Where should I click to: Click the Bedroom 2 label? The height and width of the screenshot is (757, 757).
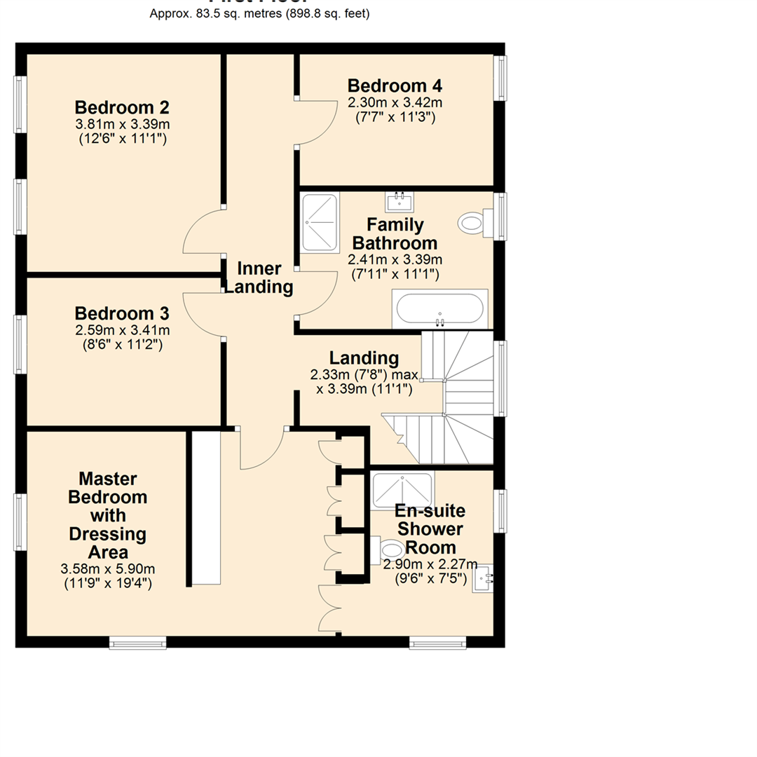coord(122,108)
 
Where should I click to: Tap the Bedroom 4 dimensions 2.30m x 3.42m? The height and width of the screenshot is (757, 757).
coord(395,102)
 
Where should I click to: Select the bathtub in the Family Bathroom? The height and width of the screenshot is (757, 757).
coord(439,308)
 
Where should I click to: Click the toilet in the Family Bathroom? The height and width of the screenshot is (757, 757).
coord(473,224)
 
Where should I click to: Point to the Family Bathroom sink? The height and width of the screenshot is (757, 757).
coord(400,201)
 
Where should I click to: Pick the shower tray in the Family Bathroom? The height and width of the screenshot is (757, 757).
coord(320,223)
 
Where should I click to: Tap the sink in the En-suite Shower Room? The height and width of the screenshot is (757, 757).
coord(483,579)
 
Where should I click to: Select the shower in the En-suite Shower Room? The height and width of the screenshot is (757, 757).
coord(402,489)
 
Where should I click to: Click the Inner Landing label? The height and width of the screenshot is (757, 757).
coord(259,278)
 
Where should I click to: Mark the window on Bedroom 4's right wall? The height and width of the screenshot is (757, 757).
coord(500,79)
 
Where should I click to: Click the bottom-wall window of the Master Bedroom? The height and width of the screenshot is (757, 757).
coord(138,642)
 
